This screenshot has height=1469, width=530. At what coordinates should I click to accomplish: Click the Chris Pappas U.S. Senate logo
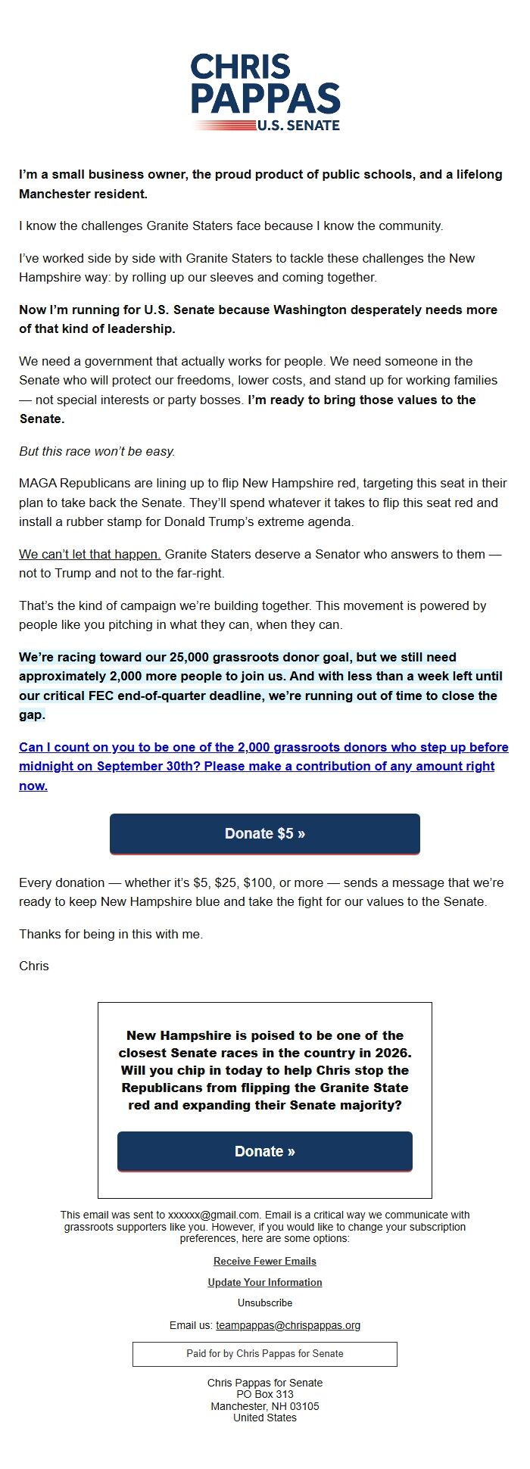point(265,92)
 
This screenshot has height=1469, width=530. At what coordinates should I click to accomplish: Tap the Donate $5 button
point(265,833)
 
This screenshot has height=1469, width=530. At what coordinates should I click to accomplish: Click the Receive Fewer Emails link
point(265,1261)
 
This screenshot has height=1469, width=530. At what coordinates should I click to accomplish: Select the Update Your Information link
point(265,1282)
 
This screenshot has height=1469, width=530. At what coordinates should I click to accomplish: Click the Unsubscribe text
point(265,1302)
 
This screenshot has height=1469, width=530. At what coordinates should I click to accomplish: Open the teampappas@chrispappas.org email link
point(288,1325)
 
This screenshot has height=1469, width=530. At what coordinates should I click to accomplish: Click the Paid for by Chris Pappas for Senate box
point(265,1353)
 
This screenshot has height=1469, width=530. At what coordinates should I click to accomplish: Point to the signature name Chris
point(34,966)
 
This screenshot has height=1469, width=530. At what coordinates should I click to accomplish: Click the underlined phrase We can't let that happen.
point(89,554)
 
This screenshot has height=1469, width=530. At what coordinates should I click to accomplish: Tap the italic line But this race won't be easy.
point(97,451)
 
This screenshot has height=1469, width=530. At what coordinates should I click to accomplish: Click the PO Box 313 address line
point(265,1394)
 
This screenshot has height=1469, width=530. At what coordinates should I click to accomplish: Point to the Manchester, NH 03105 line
point(265,1406)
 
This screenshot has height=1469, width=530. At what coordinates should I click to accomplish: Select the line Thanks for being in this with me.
point(111,934)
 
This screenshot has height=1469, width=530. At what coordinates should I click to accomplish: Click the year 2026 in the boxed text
point(393,1053)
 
